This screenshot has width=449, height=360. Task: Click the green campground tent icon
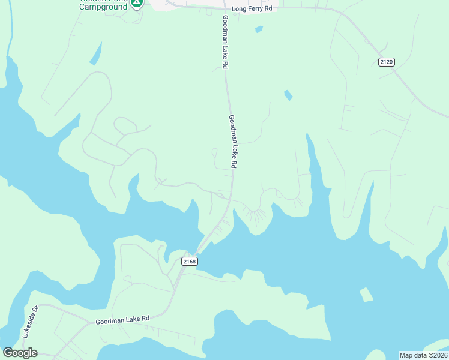tap(137, 3)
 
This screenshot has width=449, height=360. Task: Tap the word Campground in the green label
tap(103, 7)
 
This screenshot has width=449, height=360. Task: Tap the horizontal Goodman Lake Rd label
tap(122, 320)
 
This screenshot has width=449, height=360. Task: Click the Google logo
tap(20, 352)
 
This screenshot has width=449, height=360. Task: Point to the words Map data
tap(413, 355)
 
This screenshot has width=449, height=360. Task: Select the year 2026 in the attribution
tap(438, 355)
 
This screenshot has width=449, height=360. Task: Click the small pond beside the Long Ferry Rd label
tap(259, 28)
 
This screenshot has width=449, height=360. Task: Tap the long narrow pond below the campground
tap(95, 53)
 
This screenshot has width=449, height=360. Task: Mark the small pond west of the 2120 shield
tap(288, 95)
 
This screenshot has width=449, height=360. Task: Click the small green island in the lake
tap(366, 295)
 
